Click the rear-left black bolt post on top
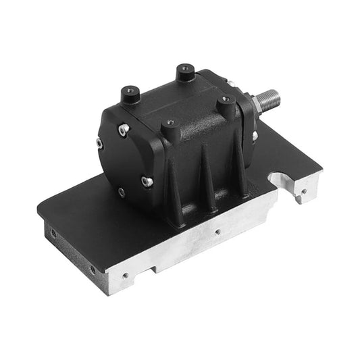(x=128, y=95)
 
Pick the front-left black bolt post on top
(x=169, y=126)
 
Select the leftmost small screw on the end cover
(x=99, y=143)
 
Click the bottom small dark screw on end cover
(x=121, y=192)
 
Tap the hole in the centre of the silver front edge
(x=217, y=230)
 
